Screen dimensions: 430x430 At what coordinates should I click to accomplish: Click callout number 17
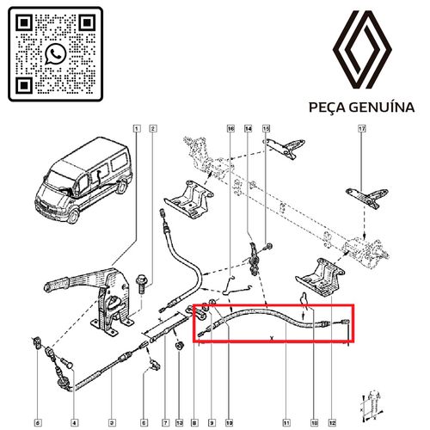tap(362, 129)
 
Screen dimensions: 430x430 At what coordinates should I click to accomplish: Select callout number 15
tap(267, 129)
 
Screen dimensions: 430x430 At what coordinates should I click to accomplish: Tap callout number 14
tap(249, 129)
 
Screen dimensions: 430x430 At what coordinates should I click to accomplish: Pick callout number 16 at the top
tap(230, 129)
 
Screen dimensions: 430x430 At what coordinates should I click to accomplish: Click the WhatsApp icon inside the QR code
tap(56, 53)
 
